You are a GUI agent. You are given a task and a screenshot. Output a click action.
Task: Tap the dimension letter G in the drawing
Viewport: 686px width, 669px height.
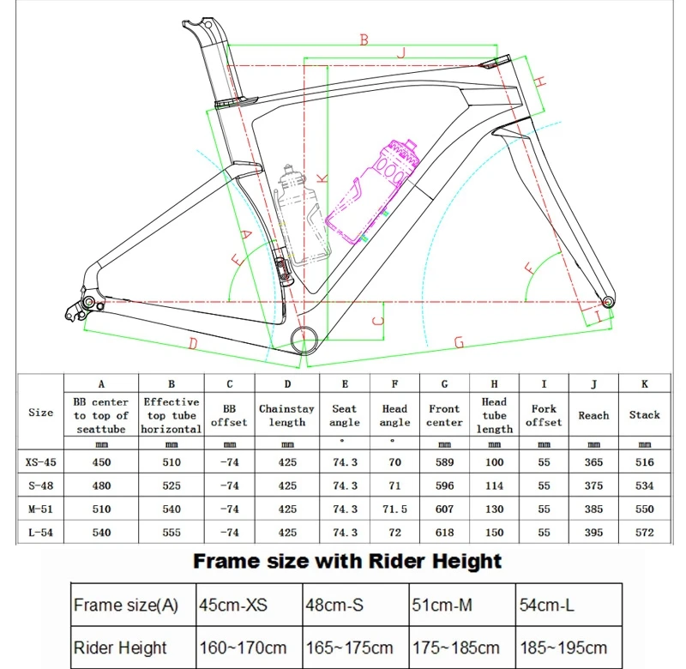click(x=459, y=341)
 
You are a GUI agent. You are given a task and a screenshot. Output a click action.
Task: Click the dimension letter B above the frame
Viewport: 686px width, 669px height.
click(x=363, y=39)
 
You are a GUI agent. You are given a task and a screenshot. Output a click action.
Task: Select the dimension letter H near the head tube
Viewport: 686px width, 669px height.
click(x=540, y=81)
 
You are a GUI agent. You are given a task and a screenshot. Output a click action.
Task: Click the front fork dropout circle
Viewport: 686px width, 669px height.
click(x=608, y=301)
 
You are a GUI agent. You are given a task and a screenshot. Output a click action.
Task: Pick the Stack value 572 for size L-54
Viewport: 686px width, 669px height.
click(x=644, y=533)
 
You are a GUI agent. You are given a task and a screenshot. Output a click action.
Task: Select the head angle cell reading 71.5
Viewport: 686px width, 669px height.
click(x=394, y=509)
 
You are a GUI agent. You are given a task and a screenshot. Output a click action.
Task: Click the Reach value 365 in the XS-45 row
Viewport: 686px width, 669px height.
click(x=593, y=461)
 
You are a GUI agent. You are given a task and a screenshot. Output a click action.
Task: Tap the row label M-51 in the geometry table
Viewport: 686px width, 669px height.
click(x=40, y=509)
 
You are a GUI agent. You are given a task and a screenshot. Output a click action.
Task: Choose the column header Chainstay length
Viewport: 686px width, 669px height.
click(x=287, y=415)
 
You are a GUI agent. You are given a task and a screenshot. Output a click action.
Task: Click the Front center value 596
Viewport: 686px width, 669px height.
click(x=444, y=485)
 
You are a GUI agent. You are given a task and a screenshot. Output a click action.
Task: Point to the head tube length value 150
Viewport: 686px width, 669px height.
click(x=495, y=533)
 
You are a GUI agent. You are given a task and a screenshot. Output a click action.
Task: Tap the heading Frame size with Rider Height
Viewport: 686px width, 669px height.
click(x=346, y=563)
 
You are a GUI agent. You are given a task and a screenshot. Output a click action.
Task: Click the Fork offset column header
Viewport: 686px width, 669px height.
click(x=544, y=415)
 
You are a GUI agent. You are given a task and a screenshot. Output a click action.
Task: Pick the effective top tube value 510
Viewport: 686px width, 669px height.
click(x=171, y=461)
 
